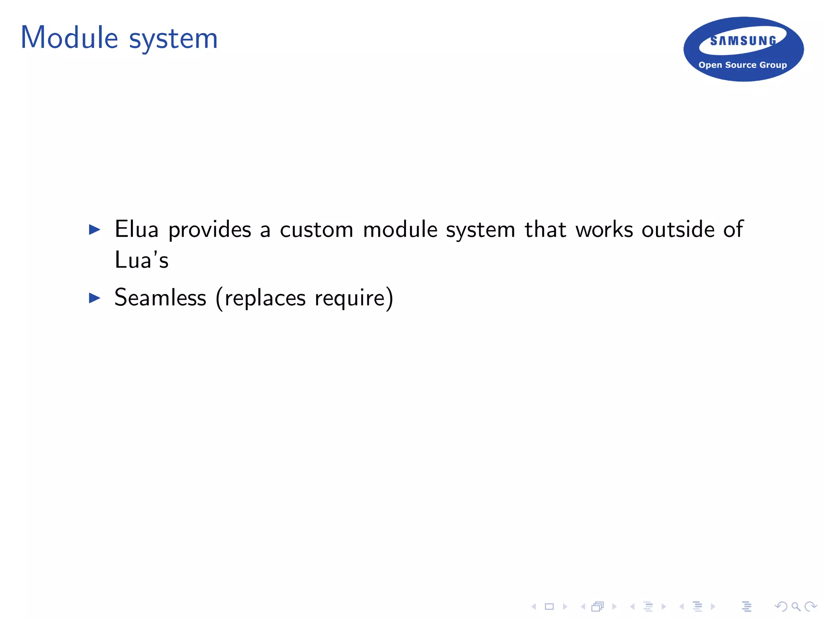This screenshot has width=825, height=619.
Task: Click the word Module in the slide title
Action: (69, 38)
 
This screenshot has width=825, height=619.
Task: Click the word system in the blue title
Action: (173, 39)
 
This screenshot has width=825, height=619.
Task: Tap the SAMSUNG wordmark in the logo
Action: (743, 41)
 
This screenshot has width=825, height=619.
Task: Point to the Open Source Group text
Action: (742, 65)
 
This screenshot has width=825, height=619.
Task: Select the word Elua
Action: (136, 229)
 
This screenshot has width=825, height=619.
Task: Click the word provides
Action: (209, 231)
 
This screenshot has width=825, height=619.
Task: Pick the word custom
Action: (316, 230)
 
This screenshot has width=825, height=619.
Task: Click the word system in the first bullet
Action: (480, 231)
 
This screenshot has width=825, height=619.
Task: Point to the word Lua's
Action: (141, 260)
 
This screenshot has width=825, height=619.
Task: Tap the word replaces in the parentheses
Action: (265, 299)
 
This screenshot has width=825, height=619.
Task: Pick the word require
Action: (350, 299)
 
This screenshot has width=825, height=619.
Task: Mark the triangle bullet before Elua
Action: (94, 230)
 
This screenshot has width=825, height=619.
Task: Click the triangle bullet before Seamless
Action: (94, 298)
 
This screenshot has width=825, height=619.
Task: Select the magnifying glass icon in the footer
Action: (796, 607)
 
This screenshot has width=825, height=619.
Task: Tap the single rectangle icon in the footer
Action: (549, 607)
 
